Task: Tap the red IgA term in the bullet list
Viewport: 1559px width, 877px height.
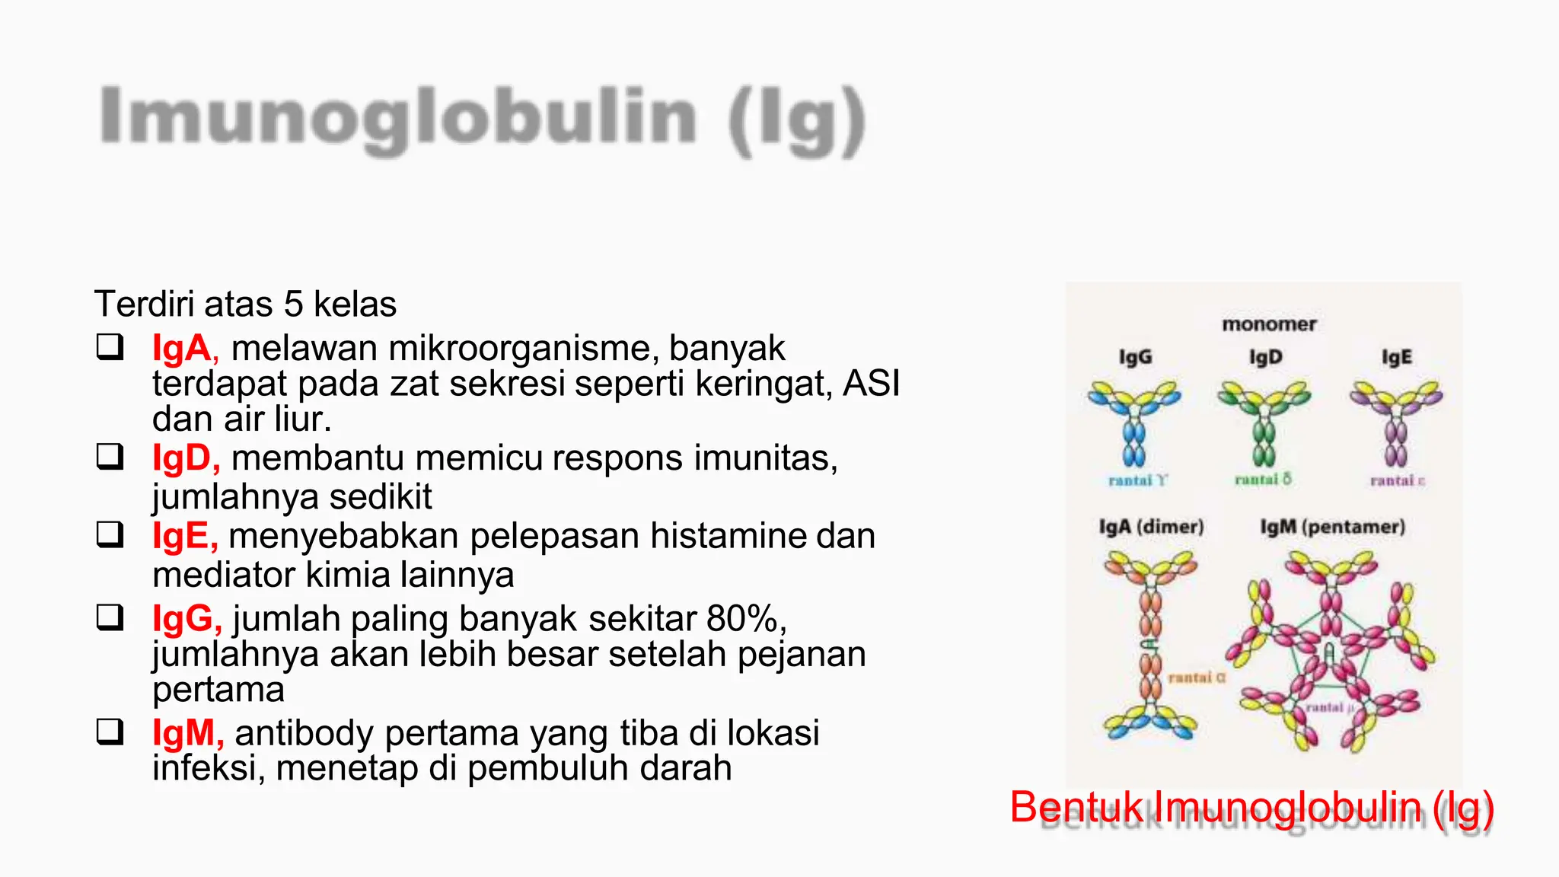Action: [181, 349]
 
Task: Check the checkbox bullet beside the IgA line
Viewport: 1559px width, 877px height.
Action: [110, 347]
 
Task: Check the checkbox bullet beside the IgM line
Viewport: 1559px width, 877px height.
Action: [110, 732]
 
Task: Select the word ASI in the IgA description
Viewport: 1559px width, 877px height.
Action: [871, 383]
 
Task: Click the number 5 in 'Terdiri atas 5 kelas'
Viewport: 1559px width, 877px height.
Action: [293, 305]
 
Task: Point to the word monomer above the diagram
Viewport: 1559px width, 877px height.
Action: [1269, 324]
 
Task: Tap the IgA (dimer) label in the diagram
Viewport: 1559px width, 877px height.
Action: [1151, 527]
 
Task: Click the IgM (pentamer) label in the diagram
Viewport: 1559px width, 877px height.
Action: [1332, 527]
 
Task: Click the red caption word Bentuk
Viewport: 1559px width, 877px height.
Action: [1076, 807]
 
